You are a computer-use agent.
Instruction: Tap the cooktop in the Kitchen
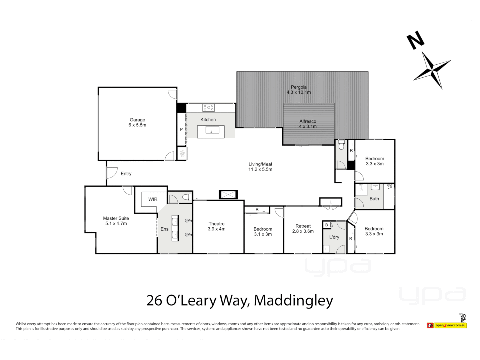[209, 108]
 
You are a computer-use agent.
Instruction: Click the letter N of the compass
[415, 40]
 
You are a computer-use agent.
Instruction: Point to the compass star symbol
[432, 70]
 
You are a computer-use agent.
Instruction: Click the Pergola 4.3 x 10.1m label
[299, 90]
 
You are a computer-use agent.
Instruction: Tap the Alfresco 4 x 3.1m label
[308, 124]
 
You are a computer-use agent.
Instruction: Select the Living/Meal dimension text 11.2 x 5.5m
[260, 169]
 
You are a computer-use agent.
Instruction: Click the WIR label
[153, 199]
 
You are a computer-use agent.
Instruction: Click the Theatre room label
[217, 224]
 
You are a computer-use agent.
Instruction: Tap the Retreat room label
[303, 226]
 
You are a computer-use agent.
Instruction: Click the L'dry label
[334, 237]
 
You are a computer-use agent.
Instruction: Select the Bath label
[374, 199]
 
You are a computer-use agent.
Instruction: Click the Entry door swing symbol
[112, 173]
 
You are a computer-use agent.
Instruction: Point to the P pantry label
[181, 129]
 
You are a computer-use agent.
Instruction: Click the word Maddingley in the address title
[293, 300]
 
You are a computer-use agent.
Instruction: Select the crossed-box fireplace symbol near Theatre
[228, 195]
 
